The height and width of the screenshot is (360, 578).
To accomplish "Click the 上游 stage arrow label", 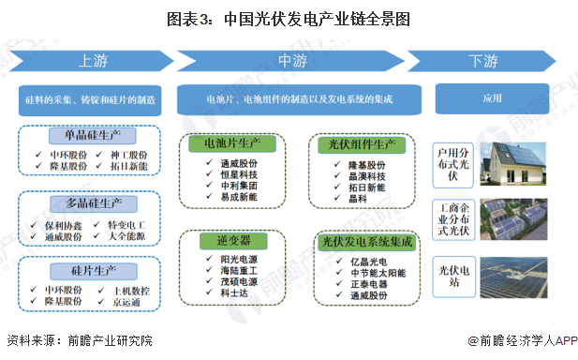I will [x=92, y=62].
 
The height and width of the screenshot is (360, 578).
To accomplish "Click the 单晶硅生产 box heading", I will [x=92, y=136].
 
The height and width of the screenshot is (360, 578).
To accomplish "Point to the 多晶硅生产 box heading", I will [x=92, y=202].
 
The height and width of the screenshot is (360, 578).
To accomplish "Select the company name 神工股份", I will [x=126, y=154].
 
